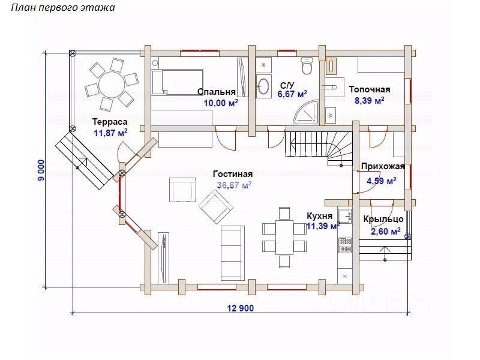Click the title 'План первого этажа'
(59, 8)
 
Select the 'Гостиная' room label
(232, 174)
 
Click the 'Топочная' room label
(370, 89)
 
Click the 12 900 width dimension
(241, 308)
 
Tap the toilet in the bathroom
(307, 65)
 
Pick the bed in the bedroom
(178, 82)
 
